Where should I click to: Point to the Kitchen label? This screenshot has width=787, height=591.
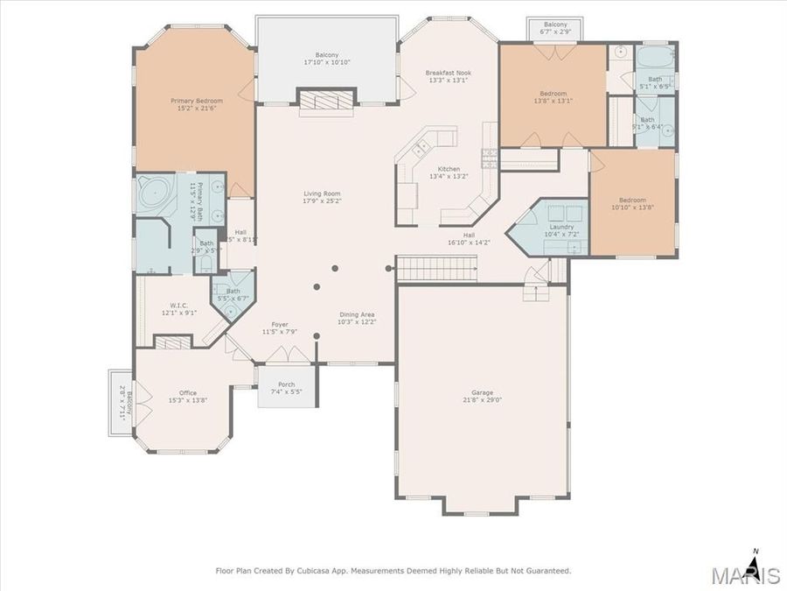tap(449, 169)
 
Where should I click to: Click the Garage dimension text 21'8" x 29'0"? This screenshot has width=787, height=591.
tap(482, 400)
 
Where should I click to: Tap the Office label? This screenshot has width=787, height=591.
tap(187, 393)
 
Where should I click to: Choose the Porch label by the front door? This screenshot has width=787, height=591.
tap(286, 384)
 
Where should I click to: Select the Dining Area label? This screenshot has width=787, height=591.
tap(357, 314)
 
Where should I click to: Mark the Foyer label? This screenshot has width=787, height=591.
tap(280, 325)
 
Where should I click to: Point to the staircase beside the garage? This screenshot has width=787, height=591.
tap(435, 269)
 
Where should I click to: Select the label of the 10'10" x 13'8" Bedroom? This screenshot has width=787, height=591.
tap(632, 200)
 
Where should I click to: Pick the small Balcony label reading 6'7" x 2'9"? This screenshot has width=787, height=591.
tap(555, 25)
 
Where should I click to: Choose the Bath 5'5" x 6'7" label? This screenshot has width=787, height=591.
tap(233, 292)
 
